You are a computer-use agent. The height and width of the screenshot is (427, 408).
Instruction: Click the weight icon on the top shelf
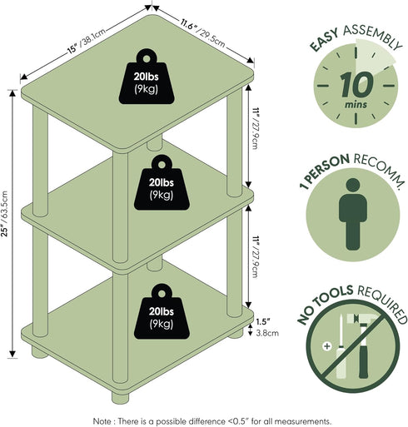coord(147,77)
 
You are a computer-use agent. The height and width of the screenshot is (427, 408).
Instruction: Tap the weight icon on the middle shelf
coord(162,182)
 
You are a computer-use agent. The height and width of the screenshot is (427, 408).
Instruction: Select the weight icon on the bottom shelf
coord(162,311)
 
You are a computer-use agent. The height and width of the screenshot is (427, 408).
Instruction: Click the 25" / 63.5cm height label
coord(5,213)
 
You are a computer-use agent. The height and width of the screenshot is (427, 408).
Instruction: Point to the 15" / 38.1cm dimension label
coord(87,41)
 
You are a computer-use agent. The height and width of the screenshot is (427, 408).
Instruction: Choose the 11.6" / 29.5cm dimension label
coord(202,33)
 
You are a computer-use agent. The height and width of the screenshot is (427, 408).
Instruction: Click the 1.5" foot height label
coord(263,322)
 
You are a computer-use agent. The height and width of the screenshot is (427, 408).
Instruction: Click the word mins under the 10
coord(356,105)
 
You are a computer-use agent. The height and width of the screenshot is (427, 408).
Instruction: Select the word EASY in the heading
coord(324,41)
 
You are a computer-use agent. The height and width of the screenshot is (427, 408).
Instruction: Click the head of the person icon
coord(353,186)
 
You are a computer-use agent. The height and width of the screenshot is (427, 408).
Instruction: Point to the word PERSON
coord(329,170)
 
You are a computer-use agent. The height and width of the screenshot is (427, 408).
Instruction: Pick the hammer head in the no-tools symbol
coord(363,320)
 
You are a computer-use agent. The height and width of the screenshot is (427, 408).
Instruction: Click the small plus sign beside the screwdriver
coord(327,346)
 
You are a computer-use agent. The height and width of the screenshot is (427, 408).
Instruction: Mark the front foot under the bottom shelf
coord(121,397)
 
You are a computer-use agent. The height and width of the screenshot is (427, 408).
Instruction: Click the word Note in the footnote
coord(102,421)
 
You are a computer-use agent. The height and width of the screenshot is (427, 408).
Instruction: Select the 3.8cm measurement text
coord(267,333)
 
